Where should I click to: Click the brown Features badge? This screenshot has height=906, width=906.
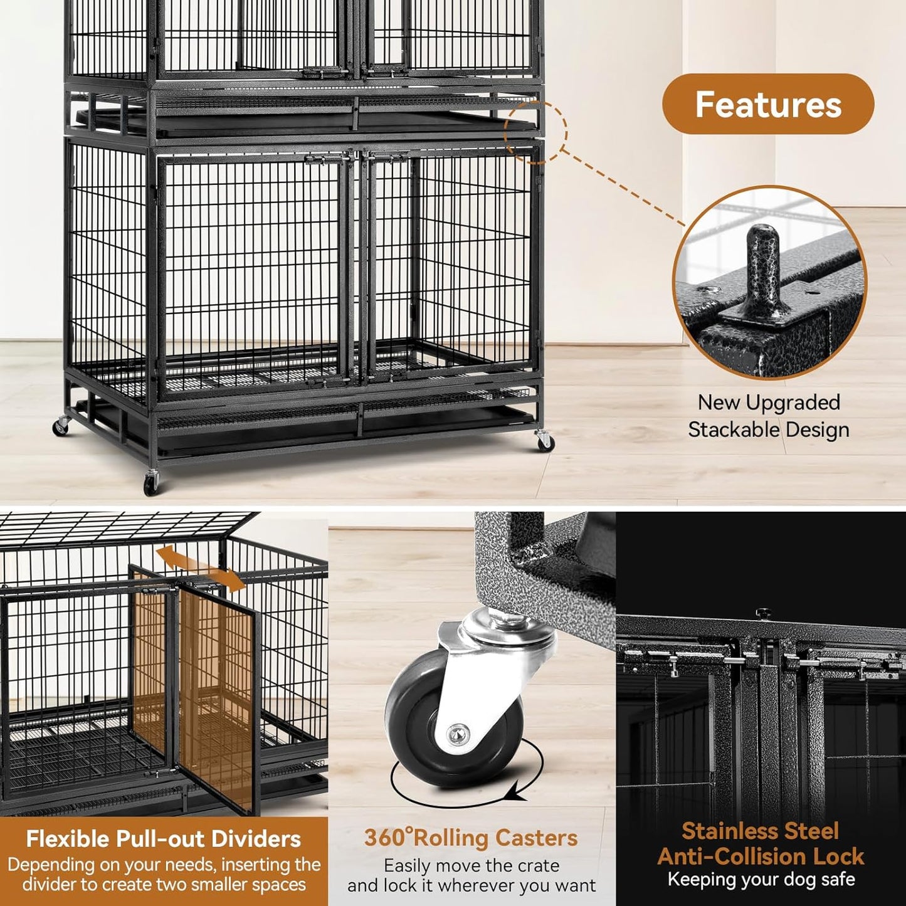click(767, 104)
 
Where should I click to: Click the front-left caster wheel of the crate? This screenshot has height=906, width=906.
click(150, 483)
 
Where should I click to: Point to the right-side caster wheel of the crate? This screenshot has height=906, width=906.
click(544, 441)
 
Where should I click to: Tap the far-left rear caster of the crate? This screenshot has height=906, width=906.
click(61, 426)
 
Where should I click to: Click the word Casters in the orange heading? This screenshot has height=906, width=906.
click(536, 838)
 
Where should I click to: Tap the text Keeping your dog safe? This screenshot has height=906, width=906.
click(761, 879)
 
